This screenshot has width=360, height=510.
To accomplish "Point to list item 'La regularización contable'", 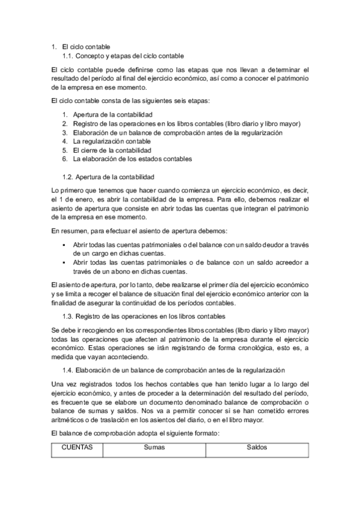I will (112, 141).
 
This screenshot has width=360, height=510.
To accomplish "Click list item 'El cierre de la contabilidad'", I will (112, 150).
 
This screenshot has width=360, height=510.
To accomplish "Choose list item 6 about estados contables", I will (132, 159).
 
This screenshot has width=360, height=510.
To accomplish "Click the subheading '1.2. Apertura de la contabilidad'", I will (109, 177).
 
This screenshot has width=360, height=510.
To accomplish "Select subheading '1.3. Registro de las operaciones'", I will (144, 316).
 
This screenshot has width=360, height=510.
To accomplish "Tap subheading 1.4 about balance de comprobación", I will (173, 371).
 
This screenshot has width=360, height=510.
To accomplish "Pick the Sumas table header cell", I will (154, 448).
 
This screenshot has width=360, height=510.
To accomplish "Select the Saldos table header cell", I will (257, 448).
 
